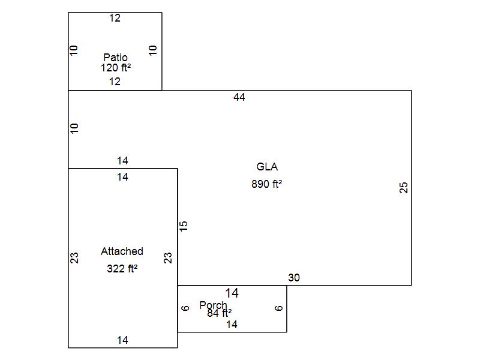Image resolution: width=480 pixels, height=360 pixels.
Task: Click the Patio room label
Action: (x=115, y=58)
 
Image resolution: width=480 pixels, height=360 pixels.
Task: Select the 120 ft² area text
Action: (x=115, y=68)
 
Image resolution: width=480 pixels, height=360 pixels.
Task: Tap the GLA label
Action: (x=267, y=167)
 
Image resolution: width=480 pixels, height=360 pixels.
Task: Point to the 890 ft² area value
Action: (x=267, y=184)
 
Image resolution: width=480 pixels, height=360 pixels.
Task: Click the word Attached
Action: (x=122, y=251)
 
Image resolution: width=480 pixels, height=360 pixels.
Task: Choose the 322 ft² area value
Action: (x=122, y=269)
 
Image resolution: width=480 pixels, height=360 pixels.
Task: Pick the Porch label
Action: (x=213, y=305)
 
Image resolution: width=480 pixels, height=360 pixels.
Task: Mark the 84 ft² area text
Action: (x=220, y=313)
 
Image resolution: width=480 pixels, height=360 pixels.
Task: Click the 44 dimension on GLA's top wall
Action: (x=239, y=97)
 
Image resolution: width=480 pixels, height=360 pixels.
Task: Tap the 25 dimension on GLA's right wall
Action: (x=404, y=188)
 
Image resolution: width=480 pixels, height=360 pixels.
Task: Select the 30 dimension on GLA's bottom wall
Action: (x=294, y=278)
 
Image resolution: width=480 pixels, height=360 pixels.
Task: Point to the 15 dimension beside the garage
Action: (x=184, y=226)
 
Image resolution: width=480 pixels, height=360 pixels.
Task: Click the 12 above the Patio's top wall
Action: (x=115, y=19)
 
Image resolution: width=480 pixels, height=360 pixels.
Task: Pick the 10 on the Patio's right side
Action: (x=153, y=50)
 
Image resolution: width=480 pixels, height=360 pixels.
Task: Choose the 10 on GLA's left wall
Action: (x=75, y=128)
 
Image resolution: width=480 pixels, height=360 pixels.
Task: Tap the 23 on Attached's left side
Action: (x=75, y=258)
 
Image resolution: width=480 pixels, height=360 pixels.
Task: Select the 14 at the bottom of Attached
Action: (x=122, y=340)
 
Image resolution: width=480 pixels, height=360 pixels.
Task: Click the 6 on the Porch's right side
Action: (x=279, y=308)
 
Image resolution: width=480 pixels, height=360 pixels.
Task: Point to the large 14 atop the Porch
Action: (x=232, y=293)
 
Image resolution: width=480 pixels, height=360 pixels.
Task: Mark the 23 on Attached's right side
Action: (x=169, y=258)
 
